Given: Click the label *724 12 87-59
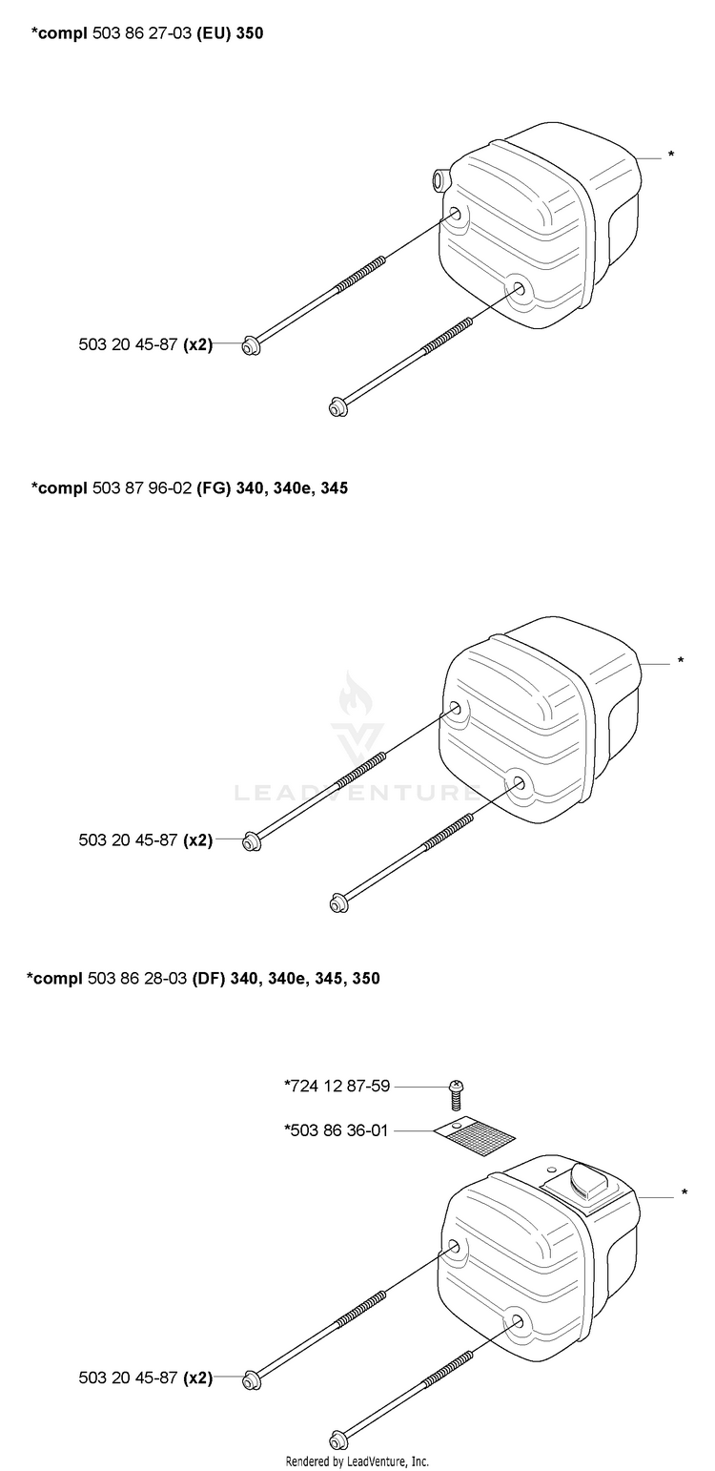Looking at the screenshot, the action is click(337, 1087).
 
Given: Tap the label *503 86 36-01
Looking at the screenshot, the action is click(337, 1130).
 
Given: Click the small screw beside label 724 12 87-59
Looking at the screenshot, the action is click(456, 1093).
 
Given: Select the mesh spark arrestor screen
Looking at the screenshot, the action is click(475, 1136).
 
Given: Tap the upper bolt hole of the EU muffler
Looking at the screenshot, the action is click(455, 214).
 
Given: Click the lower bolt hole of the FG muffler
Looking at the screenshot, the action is click(518, 781).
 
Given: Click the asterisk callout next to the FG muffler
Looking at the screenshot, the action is click(680, 660).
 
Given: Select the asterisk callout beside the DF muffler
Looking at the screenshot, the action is click(684, 1192).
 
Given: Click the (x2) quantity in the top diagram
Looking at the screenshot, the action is click(197, 344).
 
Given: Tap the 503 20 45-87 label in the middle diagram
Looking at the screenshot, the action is click(128, 839).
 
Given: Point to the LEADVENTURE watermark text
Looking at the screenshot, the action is click(357, 793).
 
